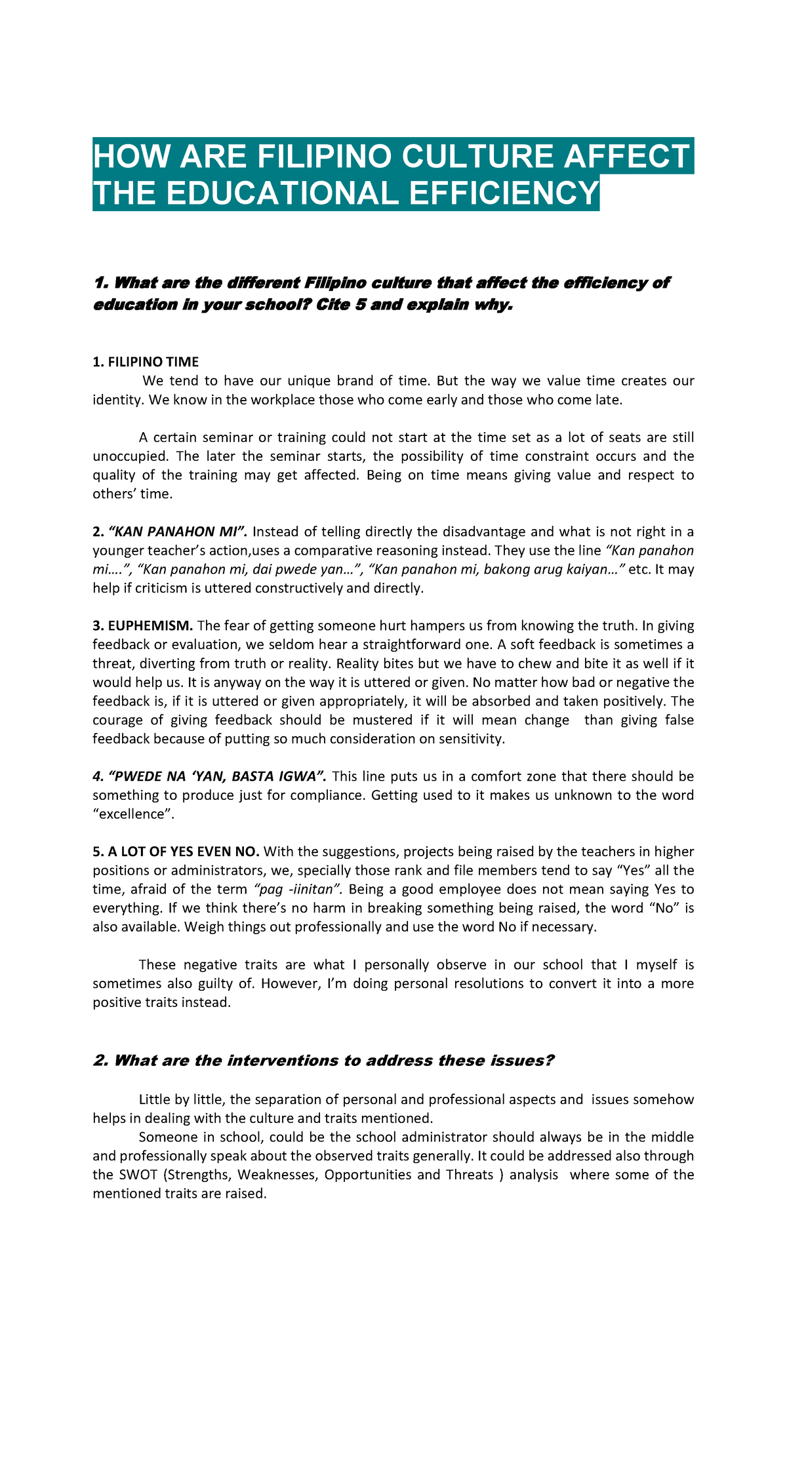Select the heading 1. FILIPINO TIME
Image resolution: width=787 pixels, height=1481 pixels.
click(146, 362)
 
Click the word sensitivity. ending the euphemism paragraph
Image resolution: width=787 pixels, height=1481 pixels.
click(472, 739)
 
